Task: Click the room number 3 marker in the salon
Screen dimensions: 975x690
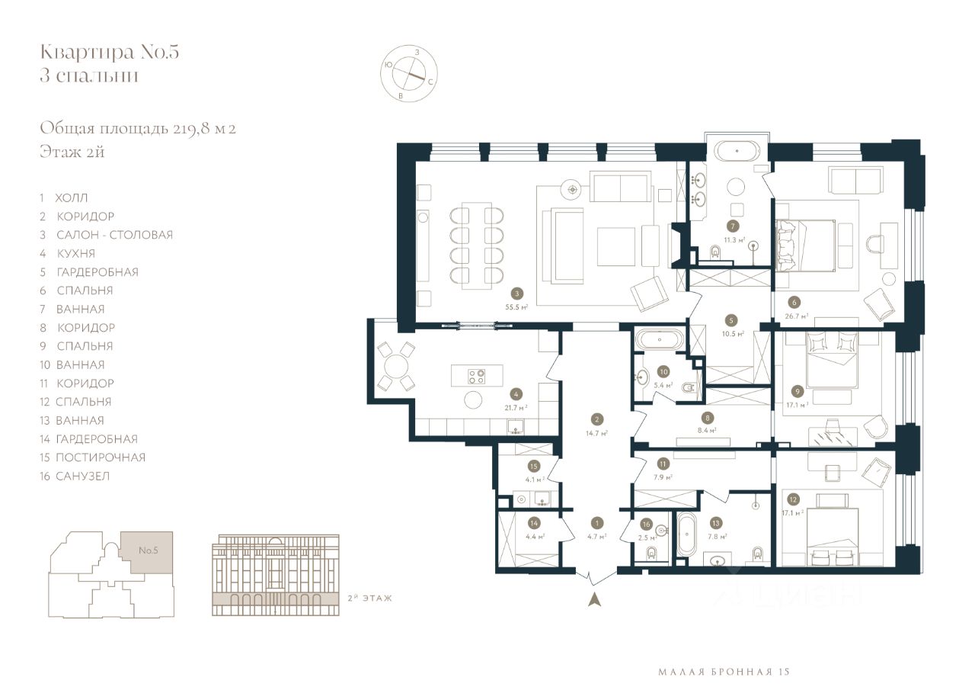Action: tap(516, 294)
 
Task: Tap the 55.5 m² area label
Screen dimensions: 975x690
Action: tap(516, 307)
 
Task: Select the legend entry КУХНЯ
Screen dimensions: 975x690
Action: tap(75, 254)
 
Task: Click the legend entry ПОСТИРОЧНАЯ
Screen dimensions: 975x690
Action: tap(101, 457)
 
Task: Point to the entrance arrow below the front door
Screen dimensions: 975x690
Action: tap(595, 600)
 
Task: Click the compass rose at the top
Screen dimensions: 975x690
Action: tap(409, 73)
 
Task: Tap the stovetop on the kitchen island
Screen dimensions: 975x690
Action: tap(477, 377)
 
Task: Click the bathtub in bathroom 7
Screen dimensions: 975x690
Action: tap(737, 152)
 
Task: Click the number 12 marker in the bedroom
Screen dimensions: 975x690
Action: tap(793, 499)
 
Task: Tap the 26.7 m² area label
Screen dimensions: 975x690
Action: tap(797, 316)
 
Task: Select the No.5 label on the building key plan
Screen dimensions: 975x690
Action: tap(149, 550)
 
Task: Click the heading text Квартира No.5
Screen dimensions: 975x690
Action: tap(110, 52)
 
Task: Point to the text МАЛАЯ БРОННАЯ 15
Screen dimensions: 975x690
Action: tap(724, 672)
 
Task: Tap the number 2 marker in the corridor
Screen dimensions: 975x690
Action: tap(596, 419)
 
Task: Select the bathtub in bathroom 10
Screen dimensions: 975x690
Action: tap(660, 340)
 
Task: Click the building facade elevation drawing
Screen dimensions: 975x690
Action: tap(276, 575)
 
